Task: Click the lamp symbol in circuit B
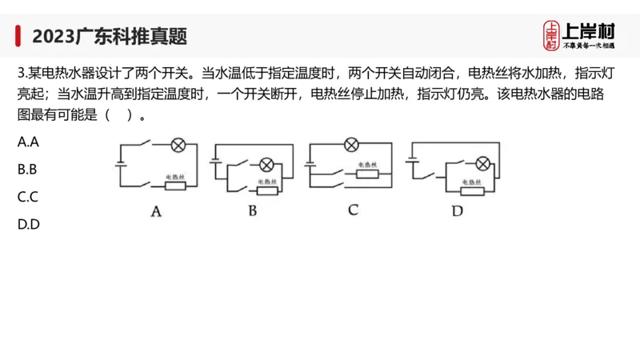tap(266, 165)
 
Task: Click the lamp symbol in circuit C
tap(350, 145)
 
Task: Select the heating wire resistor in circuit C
tap(367, 173)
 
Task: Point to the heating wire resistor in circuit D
tap(472, 190)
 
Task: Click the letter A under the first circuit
tap(157, 211)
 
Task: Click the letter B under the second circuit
tap(252, 211)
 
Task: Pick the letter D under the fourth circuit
tap(457, 211)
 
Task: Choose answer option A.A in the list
tap(29, 142)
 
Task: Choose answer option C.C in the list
tap(29, 197)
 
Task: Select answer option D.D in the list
tap(29, 224)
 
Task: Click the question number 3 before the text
tap(21, 72)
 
